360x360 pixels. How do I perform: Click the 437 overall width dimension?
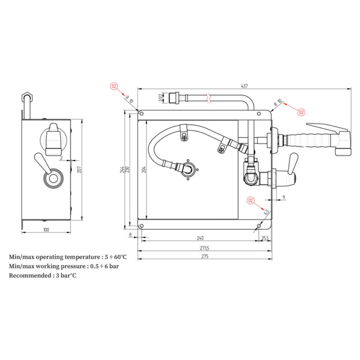tap(244, 86)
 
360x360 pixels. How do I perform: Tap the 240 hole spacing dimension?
tap(200, 238)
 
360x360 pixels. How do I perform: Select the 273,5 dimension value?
tap(204, 248)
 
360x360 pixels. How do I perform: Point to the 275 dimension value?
tap(205, 256)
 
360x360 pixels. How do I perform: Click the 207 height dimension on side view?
tap(79, 169)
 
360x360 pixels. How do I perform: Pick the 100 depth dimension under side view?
tap(46, 230)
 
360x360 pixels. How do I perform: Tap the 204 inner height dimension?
tap(144, 169)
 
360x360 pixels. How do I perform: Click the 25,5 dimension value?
tap(265, 238)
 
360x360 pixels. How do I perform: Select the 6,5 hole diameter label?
tap(266, 212)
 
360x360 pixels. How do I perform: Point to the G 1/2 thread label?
tap(160, 98)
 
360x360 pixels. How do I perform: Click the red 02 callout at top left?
tap(114, 86)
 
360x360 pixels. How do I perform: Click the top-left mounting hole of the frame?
tap(142, 113)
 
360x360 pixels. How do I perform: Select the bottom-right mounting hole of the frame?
tap(259, 226)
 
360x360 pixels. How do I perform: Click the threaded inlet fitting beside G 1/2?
tap(174, 98)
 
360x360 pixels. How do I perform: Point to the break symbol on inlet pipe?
tap(209, 98)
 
